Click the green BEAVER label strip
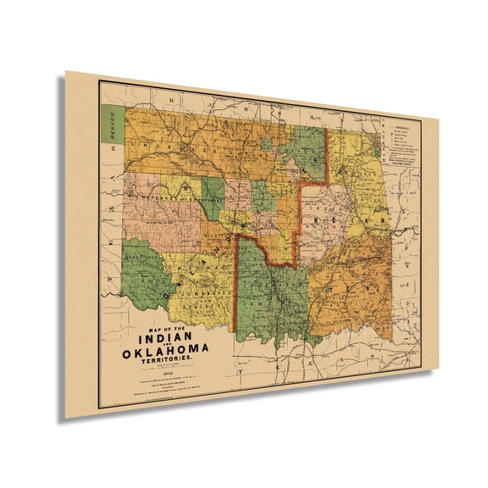tap(108, 125)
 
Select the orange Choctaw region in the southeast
tap(356, 288)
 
